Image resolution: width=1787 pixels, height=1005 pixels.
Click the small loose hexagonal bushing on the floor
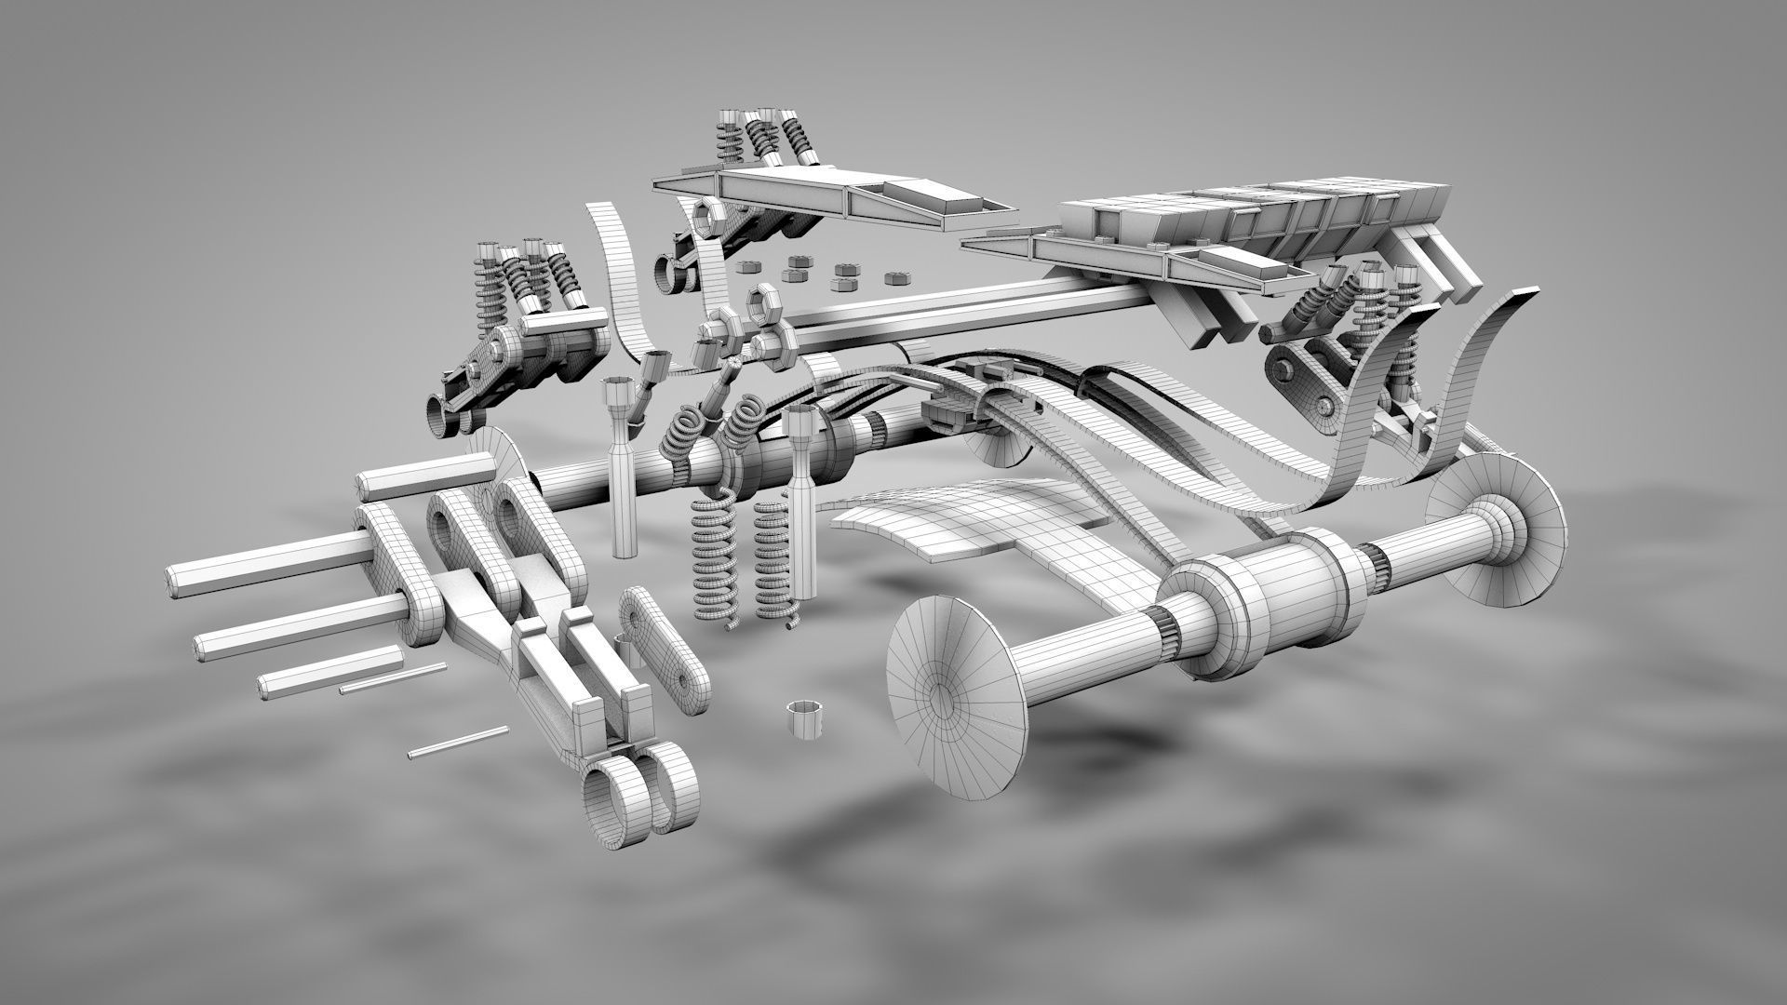click(805, 719)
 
